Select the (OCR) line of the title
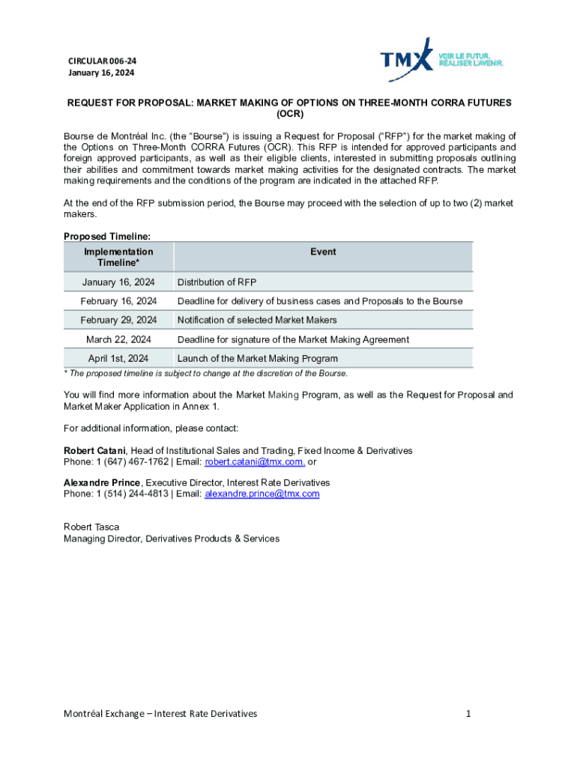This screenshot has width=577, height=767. [288, 115]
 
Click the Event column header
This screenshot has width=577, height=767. [323, 252]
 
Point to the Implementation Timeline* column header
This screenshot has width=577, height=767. [118, 257]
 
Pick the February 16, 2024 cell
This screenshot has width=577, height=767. [118, 301]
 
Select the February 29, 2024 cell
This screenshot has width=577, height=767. [118, 320]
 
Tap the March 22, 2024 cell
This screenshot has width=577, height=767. [118, 339]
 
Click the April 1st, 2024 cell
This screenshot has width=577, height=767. [118, 359]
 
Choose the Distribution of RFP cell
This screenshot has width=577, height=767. [217, 282]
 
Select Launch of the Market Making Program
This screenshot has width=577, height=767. [257, 359]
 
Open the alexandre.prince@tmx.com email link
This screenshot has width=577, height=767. [262, 494]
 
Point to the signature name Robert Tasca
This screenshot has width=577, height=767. [91, 527]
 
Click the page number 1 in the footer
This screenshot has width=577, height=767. [468, 714]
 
